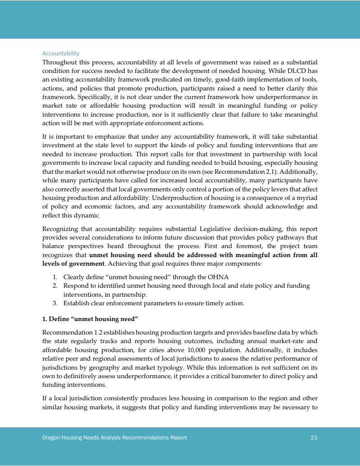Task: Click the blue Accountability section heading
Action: click(61, 54)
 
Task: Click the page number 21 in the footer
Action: click(314, 437)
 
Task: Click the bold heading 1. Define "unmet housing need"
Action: click(90, 319)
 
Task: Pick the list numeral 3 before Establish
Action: click(55, 303)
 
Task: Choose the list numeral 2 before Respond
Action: click(55, 286)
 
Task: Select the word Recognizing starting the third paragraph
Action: click(61, 228)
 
